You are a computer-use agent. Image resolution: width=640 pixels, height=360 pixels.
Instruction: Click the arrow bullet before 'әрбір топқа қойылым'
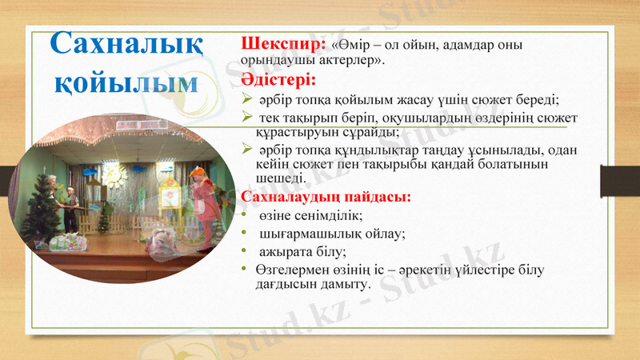248,100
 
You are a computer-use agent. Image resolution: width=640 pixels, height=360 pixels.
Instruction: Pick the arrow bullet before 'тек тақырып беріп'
248,119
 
